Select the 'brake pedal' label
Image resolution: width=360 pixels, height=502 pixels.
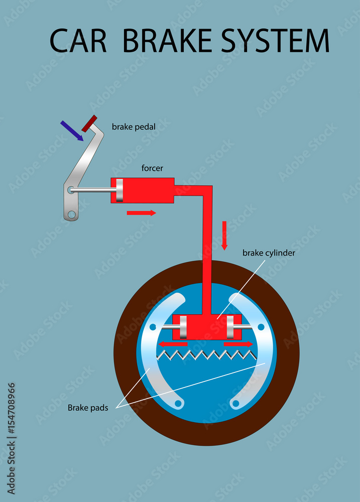(x=134, y=127)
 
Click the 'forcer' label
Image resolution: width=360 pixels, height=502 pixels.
(x=152, y=169)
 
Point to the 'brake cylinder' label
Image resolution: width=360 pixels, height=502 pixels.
(x=269, y=253)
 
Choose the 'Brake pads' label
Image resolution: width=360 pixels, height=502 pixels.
(x=88, y=408)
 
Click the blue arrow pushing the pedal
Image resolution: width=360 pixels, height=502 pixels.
(x=71, y=131)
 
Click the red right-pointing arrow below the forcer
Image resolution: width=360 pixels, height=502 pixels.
(x=141, y=213)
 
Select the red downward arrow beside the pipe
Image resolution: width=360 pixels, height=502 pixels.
(x=224, y=235)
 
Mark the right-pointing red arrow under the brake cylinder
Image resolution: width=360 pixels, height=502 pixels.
(x=238, y=344)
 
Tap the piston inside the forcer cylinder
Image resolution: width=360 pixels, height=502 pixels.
(x=119, y=190)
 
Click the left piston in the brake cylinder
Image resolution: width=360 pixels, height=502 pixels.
(x=183, y=327)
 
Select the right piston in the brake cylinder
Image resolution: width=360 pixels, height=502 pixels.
(x=231, y=327)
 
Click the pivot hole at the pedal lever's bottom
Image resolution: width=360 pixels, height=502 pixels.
(x=72, y=215)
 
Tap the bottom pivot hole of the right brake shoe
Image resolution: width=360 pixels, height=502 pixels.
(x=234, y=402)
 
